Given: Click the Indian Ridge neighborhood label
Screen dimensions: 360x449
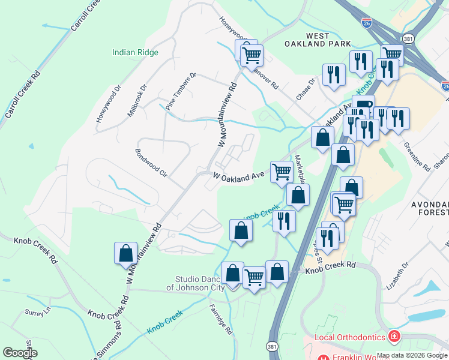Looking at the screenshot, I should [135, 52].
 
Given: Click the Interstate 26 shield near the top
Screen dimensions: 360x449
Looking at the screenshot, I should [367, 23].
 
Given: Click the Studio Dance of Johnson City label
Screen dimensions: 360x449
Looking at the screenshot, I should [199, 283].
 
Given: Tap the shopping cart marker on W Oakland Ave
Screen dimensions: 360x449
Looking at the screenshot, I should [282, 172].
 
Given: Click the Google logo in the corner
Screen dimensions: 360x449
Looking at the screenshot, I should [20, 353].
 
